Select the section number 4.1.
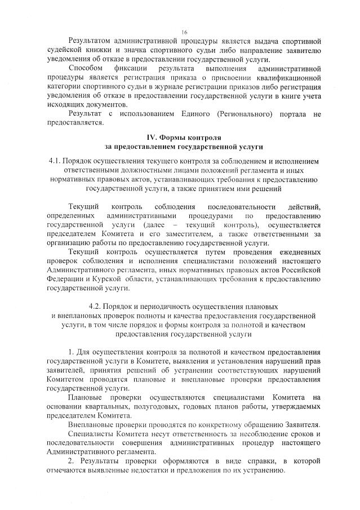[x=57, y=161]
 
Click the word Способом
[x=86, y=68]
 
